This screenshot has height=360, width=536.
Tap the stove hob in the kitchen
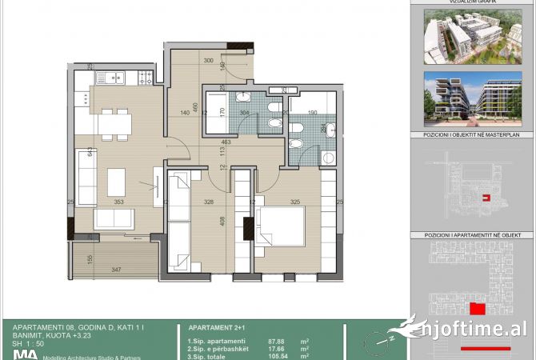pos(146,78)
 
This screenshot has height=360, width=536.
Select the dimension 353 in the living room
pos(118,202)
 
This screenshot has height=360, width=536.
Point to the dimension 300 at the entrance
pos(208,61)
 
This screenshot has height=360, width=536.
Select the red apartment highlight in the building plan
pos(477,309)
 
